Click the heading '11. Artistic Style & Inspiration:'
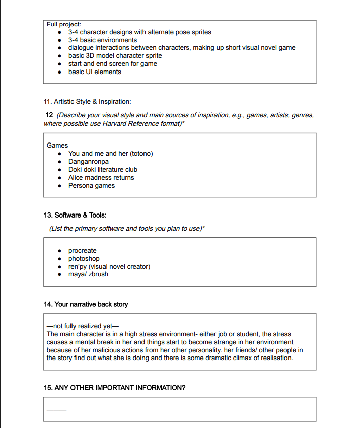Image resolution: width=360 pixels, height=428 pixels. click(88, 102)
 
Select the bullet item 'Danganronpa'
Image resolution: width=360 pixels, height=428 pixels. click(88, 162)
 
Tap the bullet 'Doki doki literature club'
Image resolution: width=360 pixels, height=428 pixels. click(103, 170)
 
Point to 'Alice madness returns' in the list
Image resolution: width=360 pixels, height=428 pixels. click(101, 178)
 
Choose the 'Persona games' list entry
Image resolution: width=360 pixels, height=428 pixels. click(92, 186)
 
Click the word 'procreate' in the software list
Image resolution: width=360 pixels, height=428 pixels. click(82, 251)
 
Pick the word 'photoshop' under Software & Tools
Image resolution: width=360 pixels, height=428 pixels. click(84, 259)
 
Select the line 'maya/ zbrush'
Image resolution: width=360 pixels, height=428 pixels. click(88, 274)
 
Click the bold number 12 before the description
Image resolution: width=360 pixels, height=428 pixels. click(49, 115)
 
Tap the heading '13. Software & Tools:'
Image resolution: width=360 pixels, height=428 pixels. click(76, 215)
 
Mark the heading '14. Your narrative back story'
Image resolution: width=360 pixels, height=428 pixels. click(86, 304)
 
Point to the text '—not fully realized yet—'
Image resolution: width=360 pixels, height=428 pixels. click(82, 326)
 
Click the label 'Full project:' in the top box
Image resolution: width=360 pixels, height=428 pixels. click(64, 24)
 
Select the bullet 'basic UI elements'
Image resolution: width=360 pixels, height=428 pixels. click(95, 72)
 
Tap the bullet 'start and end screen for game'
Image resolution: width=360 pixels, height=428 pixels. click(112, 64)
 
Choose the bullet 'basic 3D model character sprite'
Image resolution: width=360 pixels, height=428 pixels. click(115, 56)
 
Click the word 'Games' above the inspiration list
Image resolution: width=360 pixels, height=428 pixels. click(57, 146)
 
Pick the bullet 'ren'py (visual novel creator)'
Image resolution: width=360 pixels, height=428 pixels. click(109, 267)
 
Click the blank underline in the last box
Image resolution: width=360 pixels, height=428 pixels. click(56, 409)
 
